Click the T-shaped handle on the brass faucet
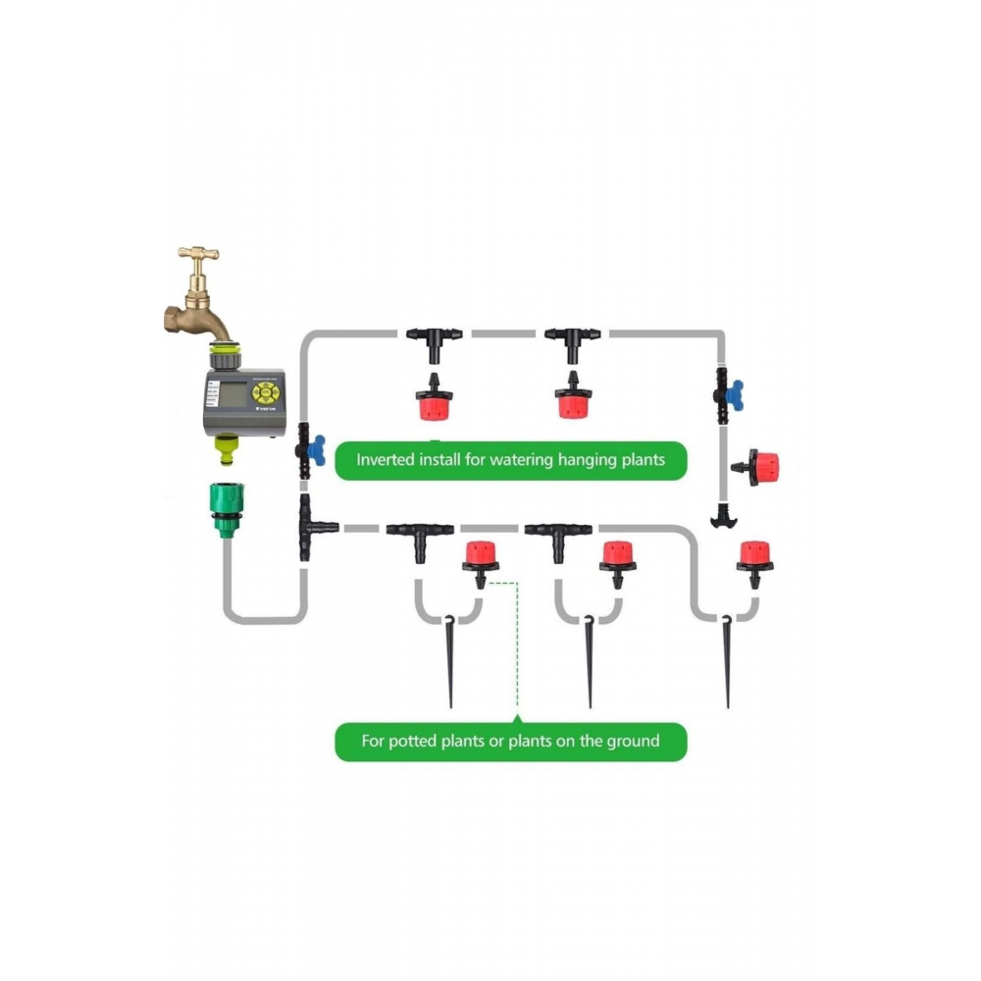(x=198, y=254)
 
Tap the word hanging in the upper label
(x=581, y=459)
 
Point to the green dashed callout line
(x=516, y=647)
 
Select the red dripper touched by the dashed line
(x=480, y=557)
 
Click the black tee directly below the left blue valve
(x=312, y=527)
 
